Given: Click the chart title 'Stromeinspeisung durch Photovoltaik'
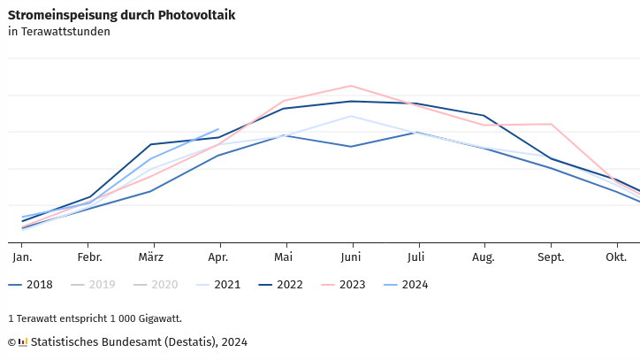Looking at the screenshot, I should click(x=121, y=15).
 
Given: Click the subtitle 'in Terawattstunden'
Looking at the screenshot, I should click(x=59, y=32).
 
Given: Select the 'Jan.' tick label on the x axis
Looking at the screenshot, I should click(x=22, y=257).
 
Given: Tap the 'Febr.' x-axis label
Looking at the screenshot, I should click(x=89, y=257).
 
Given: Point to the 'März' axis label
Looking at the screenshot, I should click(x=153, y=257).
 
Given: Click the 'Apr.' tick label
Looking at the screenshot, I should click(x=219, y=257).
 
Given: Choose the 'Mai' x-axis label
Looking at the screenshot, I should click(x=283, y=257).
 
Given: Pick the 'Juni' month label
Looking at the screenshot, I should click(x=352, y=257).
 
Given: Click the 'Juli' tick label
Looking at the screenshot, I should click(x=415, y=257).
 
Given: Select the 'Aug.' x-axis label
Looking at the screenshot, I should click(x=484, y=257).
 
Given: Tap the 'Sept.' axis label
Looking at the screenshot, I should click(x=551, y=257).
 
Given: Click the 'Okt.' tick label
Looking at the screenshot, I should click(x=615, y=257).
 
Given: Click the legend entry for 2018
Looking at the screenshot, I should click(x=31, y=285).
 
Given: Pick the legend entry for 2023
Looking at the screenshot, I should click(x=344, y=285).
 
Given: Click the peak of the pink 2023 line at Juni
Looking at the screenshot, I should click(x=352, y=86).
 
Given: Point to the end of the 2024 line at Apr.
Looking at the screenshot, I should click(x=218, y=129).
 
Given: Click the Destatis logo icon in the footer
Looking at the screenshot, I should click(x=23, y=342).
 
